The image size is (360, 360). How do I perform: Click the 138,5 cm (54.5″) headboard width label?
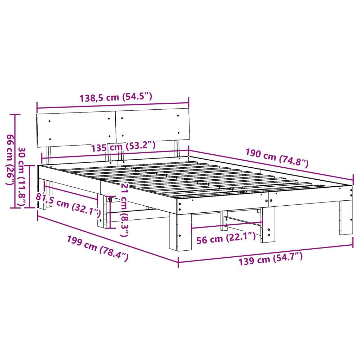pos(116,97)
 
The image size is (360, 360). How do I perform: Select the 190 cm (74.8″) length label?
pos(277,158)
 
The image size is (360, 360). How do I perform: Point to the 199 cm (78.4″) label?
pos(98,248)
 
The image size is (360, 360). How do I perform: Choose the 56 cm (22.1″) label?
pos(226,238)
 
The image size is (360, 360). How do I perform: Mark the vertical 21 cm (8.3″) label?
pos(124,210)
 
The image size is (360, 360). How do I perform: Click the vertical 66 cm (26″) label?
pos(10,160)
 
